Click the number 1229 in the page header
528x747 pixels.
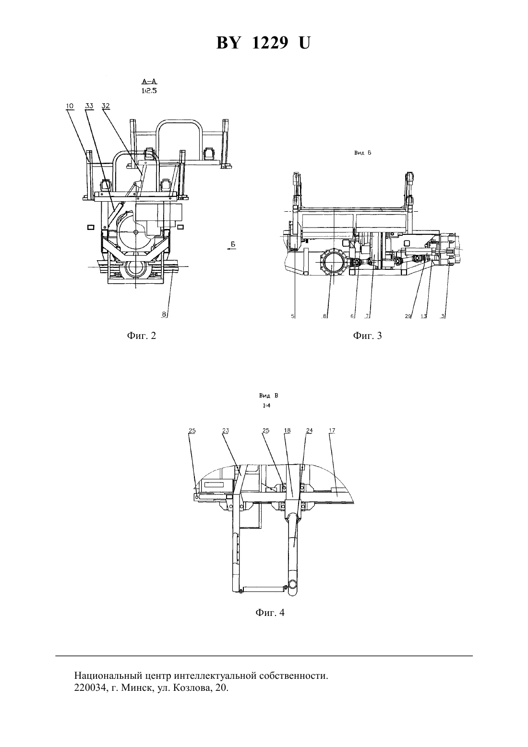pyautogui.click(x=270, y=43)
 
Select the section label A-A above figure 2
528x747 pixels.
pyautogui.click(x=149, y=81)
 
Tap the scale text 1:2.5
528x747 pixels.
pyautogui.click(x=149, y=91)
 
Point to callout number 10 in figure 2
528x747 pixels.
pyautogui.click(x=70, y=106)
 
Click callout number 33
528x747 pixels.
pyautogui.click(x=89, y=106)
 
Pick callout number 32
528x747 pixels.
pyautogui.click(x=106, y=106)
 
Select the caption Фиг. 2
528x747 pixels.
pyautogui.click(x=142, y=336)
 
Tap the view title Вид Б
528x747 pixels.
pyautogui.click(x=362, y=153)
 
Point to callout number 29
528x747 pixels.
pyautogui.click(x=408, y=316)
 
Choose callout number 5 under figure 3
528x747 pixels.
pyautogui.click(x=293, y=316)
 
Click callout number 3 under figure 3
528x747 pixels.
pyautogui.click(x=443, y=316)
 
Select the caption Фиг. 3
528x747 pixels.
pyautogui.click(x=367, y=336)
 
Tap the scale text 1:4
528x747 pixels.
pyautogui.click(x=267, y=406)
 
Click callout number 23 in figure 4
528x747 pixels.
pyautogui.click(x=226, y=431)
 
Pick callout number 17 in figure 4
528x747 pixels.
pyautogui.click(x=332, y=431)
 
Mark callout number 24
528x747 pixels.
pyautogui.click(x=309, y=431)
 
